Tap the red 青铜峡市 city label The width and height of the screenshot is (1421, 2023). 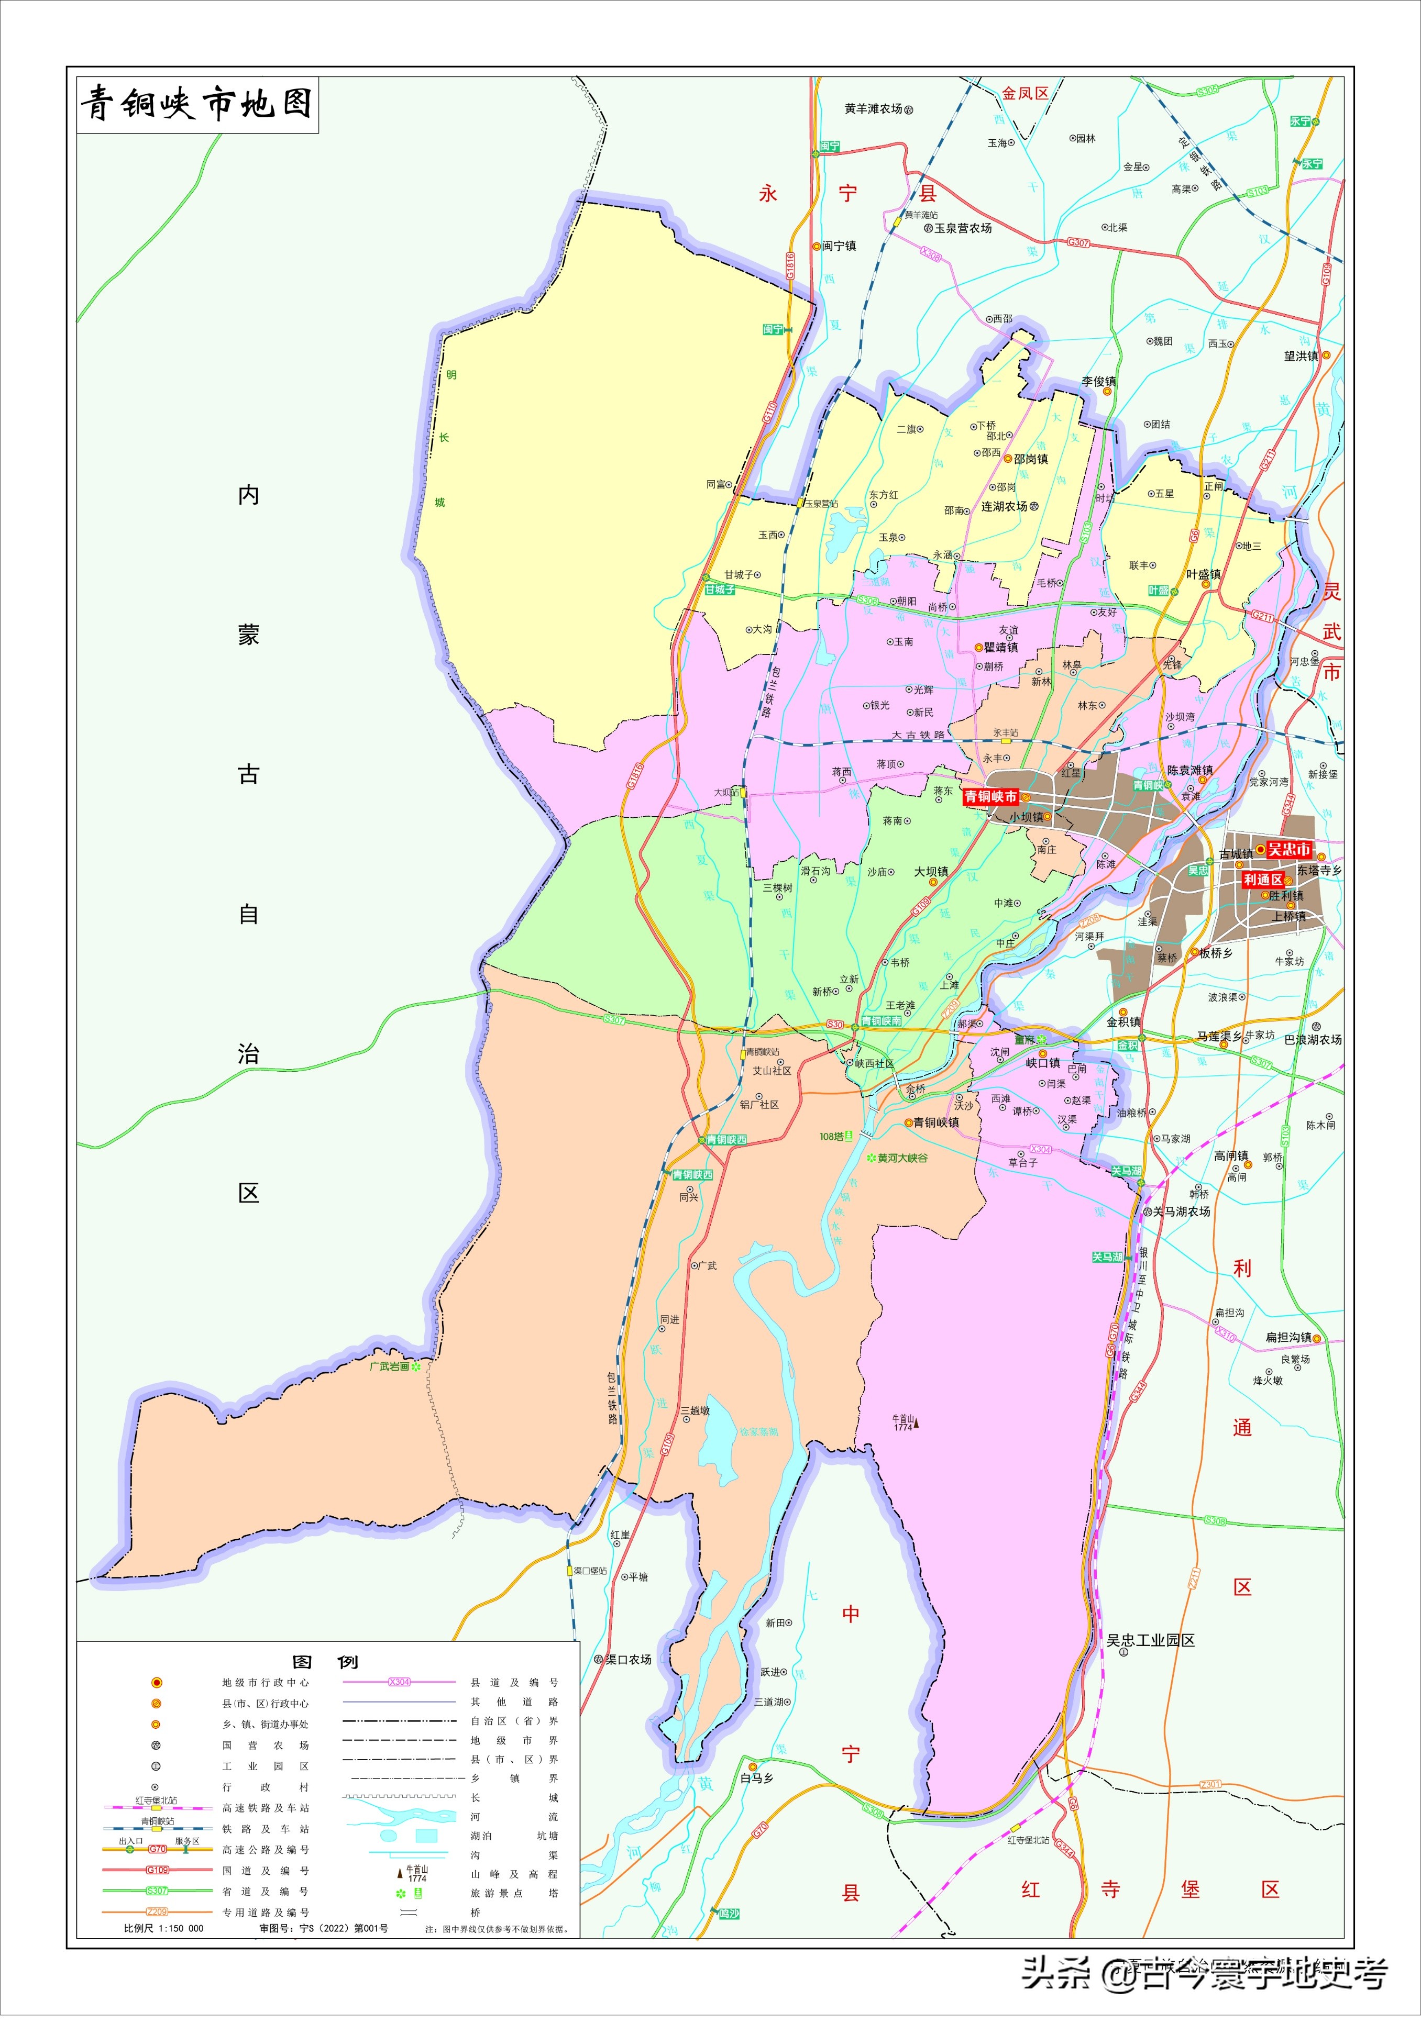990,796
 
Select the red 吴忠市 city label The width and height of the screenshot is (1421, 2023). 1288,849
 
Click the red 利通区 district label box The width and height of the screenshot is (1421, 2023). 1262,880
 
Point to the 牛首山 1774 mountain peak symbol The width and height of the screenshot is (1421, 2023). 916,1422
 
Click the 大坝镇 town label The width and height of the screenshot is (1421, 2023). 931,871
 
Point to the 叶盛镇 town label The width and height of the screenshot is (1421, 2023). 1203,574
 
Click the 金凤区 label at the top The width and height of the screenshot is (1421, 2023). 1025,93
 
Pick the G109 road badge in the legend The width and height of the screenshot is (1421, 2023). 157,1870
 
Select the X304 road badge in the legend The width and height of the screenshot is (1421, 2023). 399,1682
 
